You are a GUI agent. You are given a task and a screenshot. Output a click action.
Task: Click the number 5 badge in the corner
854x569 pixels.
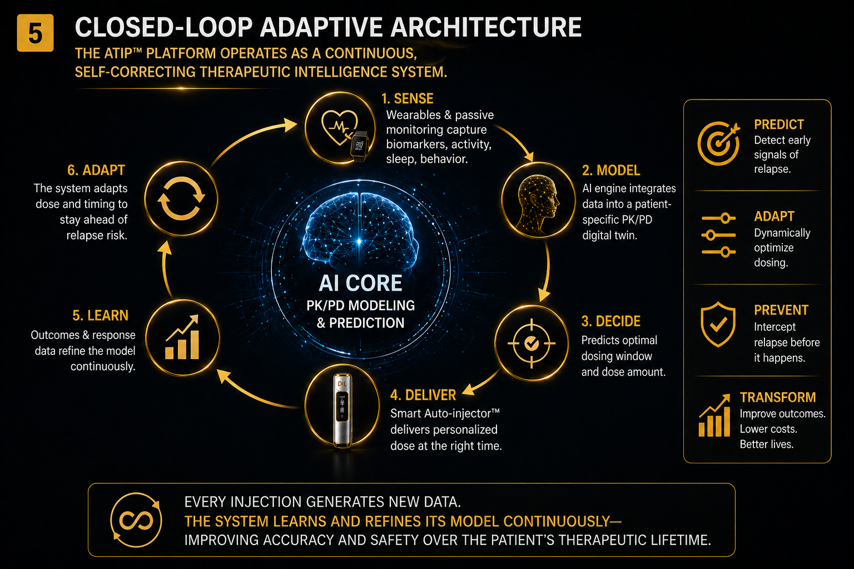click(x=35, y=33)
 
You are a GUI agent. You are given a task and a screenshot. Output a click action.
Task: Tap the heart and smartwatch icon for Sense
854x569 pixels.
click(x=340, y=128)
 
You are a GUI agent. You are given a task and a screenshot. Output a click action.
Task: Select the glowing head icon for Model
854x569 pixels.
click(x=538, y=201)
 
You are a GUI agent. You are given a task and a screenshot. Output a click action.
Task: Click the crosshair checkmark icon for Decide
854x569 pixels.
click(x=531, y=343)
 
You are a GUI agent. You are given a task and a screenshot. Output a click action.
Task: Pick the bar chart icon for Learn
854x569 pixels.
click(x=182, y=338)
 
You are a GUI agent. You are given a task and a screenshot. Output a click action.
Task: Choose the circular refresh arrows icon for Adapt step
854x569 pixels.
click(x=181, y=198)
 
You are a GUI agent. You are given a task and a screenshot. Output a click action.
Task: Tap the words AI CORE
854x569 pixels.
click(x=360, y=283)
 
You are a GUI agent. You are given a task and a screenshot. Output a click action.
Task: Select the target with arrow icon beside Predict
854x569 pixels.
click(x=718, y=143)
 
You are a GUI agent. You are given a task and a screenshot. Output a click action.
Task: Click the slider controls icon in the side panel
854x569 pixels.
click(x=718, y=235)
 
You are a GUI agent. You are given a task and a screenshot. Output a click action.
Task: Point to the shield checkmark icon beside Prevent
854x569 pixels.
click(x=718, y=325)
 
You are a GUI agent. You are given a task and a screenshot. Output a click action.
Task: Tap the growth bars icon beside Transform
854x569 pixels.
click(x=714, y=416)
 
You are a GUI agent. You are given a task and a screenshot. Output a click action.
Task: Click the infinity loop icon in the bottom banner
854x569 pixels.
click(x=136, y=520)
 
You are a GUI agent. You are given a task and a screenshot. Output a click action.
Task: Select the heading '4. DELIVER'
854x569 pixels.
click(x=423, y=395)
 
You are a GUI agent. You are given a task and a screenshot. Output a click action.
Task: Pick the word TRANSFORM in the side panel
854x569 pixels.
click(x=777, y=397)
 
